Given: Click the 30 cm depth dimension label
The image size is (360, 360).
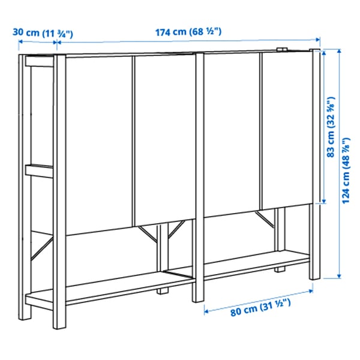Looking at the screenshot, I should point(45,32).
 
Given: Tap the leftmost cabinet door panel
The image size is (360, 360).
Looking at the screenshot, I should point(98,144).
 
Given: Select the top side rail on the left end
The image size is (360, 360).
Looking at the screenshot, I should point(41,60).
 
